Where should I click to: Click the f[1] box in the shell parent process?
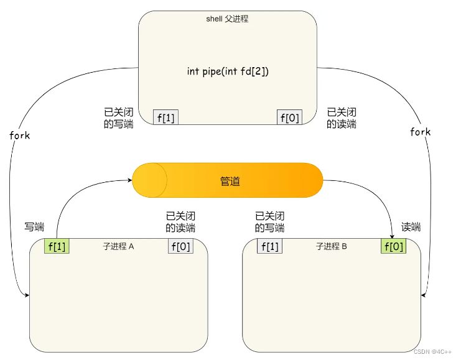click(165, 117)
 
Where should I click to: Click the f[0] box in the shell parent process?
click(289, 117)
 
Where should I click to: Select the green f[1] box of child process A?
click(57, 246)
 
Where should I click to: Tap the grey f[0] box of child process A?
click(180, 246)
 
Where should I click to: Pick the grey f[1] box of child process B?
click(269, 246)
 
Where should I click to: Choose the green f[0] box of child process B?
click(393, 246)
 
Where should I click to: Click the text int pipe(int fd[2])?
click(228, 71)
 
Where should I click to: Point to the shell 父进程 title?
click(227, 19)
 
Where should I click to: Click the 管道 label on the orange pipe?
click(230, 181)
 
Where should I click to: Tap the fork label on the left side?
click(20, 135)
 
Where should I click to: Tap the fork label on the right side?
click(420, 132)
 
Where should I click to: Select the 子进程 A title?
click(118, 246)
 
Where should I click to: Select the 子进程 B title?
click(331, 246)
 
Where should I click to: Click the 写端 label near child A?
click(34, 227)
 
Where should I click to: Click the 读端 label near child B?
click(411, 227)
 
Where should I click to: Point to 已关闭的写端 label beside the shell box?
click(118, 118)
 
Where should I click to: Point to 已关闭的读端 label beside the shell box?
click(342, 118)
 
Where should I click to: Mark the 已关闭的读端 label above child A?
click(180, 222)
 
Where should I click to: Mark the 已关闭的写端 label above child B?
click(270, 222)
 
